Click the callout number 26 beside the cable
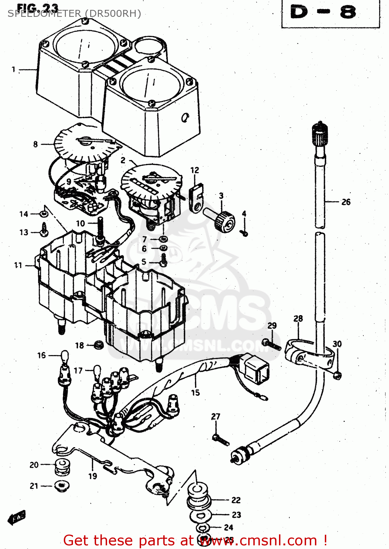pyautogui.click(x=346, y=202)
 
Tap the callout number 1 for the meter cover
pyautogui.click(x=14, y=69)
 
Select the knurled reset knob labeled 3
pyautogui.click(x=224, y=221)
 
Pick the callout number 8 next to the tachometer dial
pyautogui.click(x=35, y=144)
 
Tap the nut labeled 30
pyautogui.click(x=337, y=375)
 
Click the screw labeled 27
pyautogui.click(x=221, y=440)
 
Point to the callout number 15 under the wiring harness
pyautogui.click(x=195, y=393)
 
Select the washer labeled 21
pyautogui.click(x=62, y=486)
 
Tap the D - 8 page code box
pyautogui.click(x=330, y=13)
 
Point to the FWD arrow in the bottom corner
pyautogui.click(x=16, y=518)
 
